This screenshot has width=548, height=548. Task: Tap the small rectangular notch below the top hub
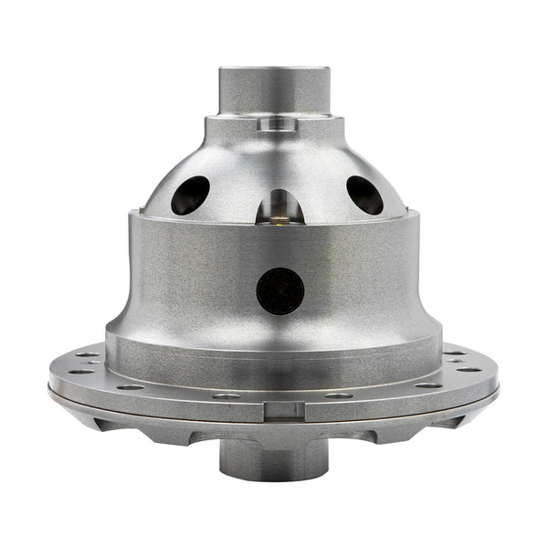(274, 124)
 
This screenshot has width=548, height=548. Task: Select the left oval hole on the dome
(190, 194)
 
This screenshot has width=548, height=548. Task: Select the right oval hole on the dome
(364, 194)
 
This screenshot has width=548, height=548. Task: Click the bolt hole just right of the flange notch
(339, 395)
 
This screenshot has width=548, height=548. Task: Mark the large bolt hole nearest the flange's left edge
(80, 370)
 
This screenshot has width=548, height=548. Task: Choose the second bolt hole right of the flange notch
(426, 385)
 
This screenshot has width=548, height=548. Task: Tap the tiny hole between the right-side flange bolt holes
(455, 362)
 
